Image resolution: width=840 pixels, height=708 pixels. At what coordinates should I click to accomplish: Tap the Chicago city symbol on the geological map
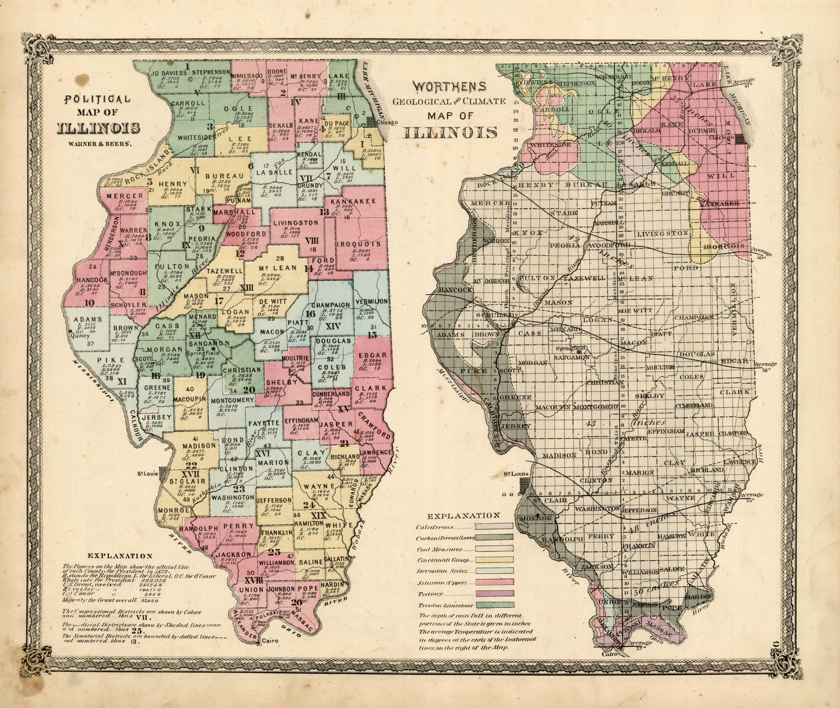click(742, 139)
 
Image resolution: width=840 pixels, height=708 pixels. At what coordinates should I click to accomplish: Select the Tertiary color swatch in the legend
click(494, 605)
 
